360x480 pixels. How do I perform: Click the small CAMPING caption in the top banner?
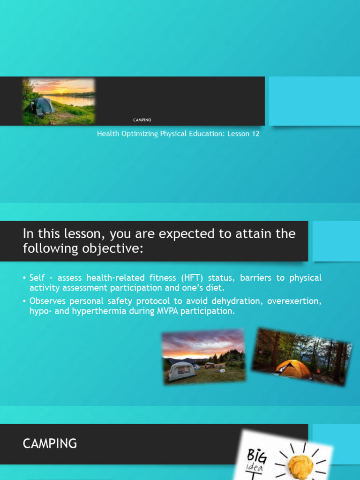pyautogui.click(x=142, y=120)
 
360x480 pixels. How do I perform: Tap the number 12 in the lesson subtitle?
pyautogui.click(x=255, y=134)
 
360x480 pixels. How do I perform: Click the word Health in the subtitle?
pyautogui.click(x=107, y=134)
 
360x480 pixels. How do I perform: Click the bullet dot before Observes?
pyautogui.click(x=24, y=301)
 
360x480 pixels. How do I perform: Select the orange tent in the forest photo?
pyautogui.click(x=292, y=368)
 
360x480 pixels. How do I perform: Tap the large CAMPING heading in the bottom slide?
pyautogui.click(x=50, y=443)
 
